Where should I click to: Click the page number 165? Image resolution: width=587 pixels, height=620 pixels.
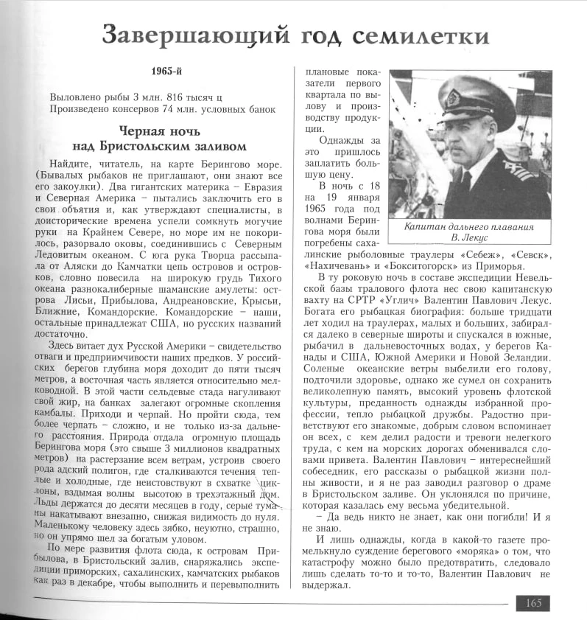pos(533,603)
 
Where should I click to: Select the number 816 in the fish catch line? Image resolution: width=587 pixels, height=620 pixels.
pos(169,97)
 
